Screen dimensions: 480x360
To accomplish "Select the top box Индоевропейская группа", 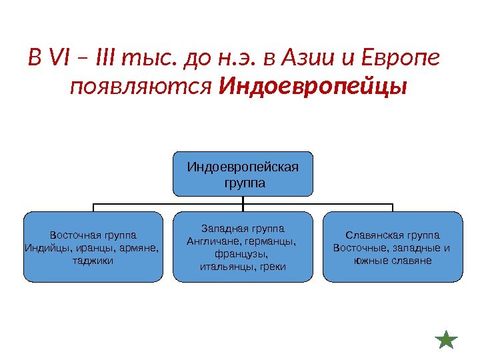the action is pos(243,173).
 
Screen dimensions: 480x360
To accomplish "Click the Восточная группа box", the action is pos(93,246).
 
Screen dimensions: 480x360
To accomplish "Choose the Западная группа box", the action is pos(243,246).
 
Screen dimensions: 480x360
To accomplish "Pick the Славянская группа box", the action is pos(392,246).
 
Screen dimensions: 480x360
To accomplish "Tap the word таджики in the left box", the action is pos(93,261).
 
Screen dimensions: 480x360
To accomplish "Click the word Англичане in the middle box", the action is pos(211,241).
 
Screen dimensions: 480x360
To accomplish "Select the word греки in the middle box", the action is pos(273,267).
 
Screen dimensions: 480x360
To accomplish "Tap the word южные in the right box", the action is pos(367,261).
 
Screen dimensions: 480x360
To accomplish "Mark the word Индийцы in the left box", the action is pos(43,248).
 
